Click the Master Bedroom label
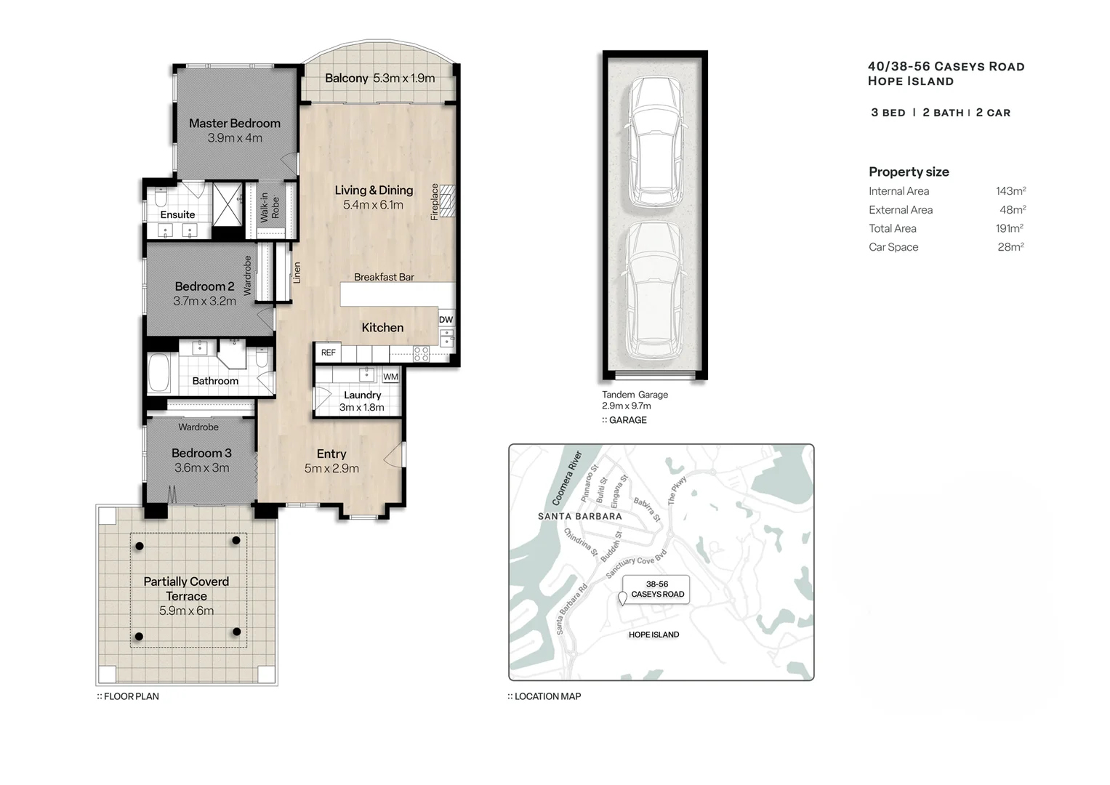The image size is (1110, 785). [x=234, y=124]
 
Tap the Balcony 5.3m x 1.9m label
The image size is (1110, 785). [x=379, y=78]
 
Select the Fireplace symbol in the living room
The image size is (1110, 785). [x=447, y=201]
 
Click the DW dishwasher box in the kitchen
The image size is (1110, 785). [x=446, y=320]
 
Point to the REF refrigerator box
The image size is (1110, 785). [x=329, y=353]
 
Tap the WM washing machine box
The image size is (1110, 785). [x=390, y=377]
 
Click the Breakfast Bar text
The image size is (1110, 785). [x=384, y=277]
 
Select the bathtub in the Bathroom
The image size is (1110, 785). [x=159, y=373]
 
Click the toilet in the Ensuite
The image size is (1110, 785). [x=161, y=198]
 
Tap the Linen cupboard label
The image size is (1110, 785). [x=297, y=273]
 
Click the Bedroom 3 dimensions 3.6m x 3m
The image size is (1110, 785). [x=201, y=468]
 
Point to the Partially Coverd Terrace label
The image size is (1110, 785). [x=186, y=589]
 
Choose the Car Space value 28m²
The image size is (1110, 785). [x=1010, y=247]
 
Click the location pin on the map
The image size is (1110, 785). [x=622, y=599]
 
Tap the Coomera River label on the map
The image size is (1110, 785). [x=568, y=478]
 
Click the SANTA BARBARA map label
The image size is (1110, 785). [x=579, y=517]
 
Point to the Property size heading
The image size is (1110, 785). [x=909, y=172]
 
